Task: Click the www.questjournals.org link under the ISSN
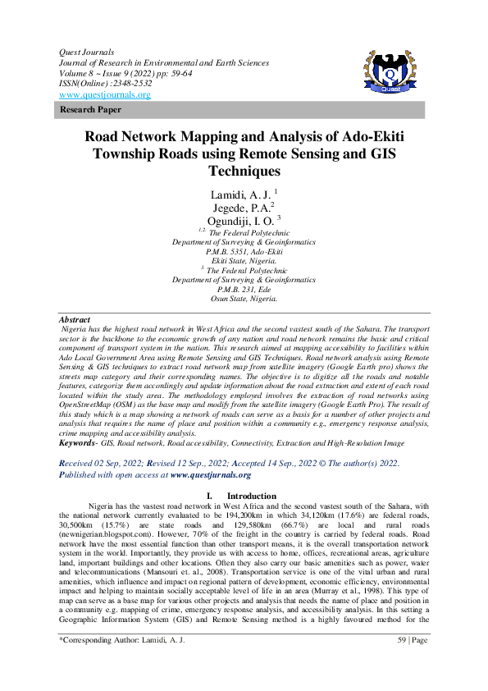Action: [x=104, y=94]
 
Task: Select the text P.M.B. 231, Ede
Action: [x=244, y=290]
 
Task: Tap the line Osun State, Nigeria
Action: [x=244, y=299]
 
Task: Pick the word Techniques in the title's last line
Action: [x=244, y=172]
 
